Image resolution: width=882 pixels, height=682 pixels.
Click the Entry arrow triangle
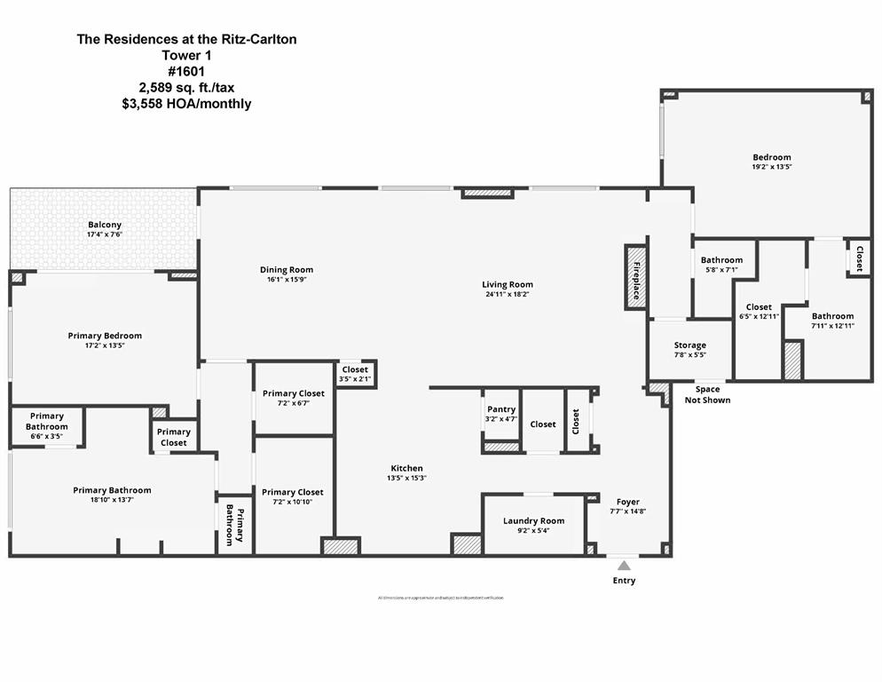624,565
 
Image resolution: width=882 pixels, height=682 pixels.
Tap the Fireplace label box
635,277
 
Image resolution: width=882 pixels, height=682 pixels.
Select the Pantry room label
501,409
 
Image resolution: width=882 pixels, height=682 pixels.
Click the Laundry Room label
533,520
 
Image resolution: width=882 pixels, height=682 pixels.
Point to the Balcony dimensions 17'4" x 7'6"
105,235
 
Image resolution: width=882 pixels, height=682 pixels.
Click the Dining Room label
286,270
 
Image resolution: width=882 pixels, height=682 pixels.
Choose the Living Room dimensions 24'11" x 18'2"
508,295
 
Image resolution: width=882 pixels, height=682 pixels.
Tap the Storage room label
689,345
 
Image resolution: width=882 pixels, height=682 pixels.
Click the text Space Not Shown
707,394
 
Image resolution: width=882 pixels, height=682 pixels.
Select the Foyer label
628,502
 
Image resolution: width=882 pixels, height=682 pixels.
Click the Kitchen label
407,468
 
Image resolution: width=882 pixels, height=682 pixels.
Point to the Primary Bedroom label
105,336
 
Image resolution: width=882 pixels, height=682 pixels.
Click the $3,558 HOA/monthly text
186,104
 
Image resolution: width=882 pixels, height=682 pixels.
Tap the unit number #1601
186,71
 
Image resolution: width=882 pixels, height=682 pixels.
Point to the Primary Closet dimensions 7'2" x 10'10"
293,502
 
